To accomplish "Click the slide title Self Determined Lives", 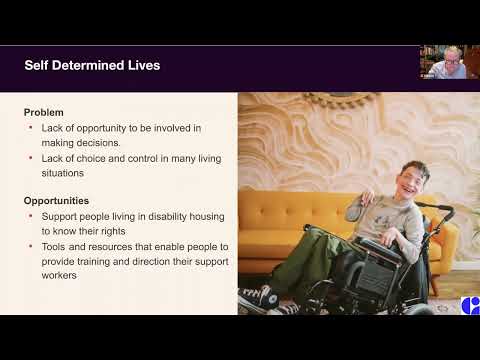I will pos(92,66).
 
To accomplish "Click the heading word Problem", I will pos(44,112).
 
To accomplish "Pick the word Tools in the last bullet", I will pos(54,246).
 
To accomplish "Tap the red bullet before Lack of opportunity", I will pos(31,127).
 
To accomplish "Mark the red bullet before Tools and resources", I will pos(31,246).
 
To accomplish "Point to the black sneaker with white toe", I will pos(256,296).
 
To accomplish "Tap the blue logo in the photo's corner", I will pos(471,305).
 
